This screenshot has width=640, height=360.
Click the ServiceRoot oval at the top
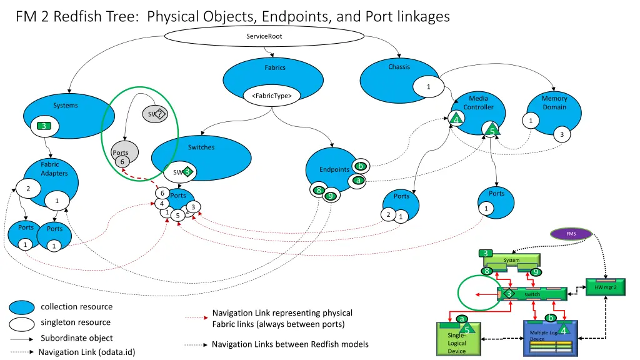[x=264, y=36]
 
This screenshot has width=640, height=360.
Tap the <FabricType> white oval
[x=271, y=96]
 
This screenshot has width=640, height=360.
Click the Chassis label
[x=399, y=67]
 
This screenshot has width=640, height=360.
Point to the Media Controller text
[x=478, y=102]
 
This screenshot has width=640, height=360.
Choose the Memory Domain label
[x=554, y=102]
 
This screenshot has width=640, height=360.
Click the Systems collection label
[x=65, y=106]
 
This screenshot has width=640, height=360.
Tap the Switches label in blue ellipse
[x=201, y=147]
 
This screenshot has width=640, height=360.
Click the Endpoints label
[x=334, y=170]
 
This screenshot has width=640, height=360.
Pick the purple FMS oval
[x=571, y=234]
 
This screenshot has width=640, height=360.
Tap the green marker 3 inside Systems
[x=43, y=126]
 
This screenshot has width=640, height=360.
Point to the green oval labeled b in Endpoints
[x=360, y=166]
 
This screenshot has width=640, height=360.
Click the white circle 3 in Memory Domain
[x=562, y=134]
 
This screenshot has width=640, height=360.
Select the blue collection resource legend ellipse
[x=22, y=307]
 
